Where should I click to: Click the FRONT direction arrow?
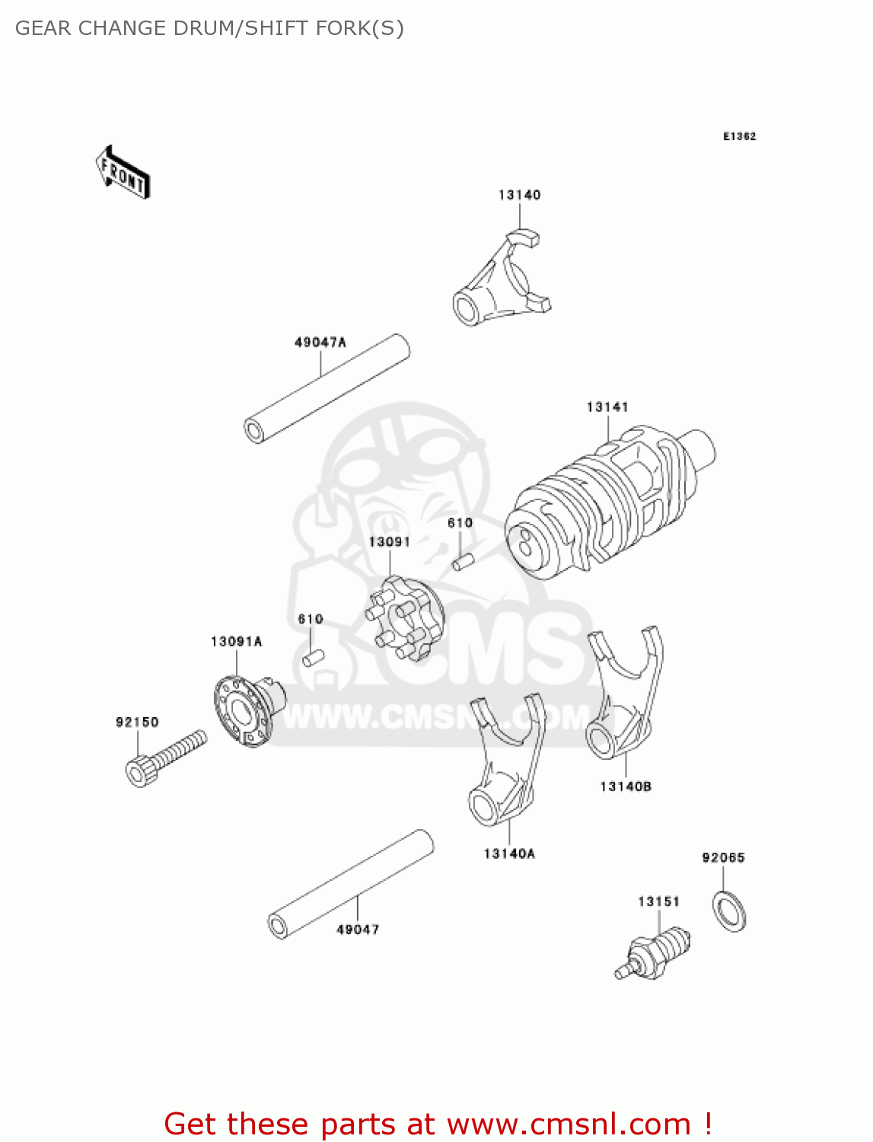[123, 173]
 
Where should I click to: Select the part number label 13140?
[519, 195]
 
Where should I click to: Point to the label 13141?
[607, 407]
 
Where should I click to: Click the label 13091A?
[237, 642]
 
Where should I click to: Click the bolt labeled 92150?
[164, 757]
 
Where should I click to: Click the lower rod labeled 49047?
[351, 884]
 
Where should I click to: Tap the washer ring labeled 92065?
[729, 910]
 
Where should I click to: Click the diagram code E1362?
[739, 136]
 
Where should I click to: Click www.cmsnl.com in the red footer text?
[569, 1124]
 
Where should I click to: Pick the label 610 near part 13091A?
[311, 619]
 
